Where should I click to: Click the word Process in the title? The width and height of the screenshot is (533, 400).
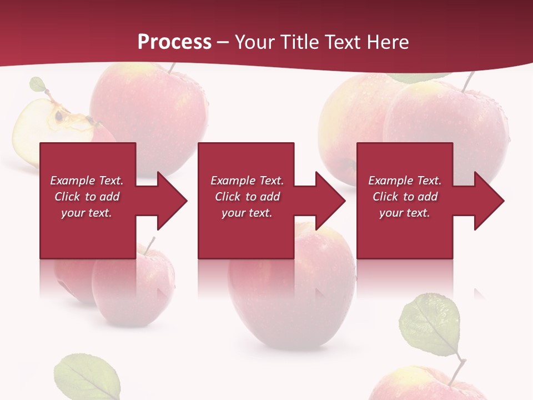174,42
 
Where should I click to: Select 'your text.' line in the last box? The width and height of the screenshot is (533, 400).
404,213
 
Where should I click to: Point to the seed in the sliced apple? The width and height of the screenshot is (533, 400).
59,116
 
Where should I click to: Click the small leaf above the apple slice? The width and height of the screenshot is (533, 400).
38,84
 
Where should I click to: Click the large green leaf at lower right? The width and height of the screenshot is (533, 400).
430,325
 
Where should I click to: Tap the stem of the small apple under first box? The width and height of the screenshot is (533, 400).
149,245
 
